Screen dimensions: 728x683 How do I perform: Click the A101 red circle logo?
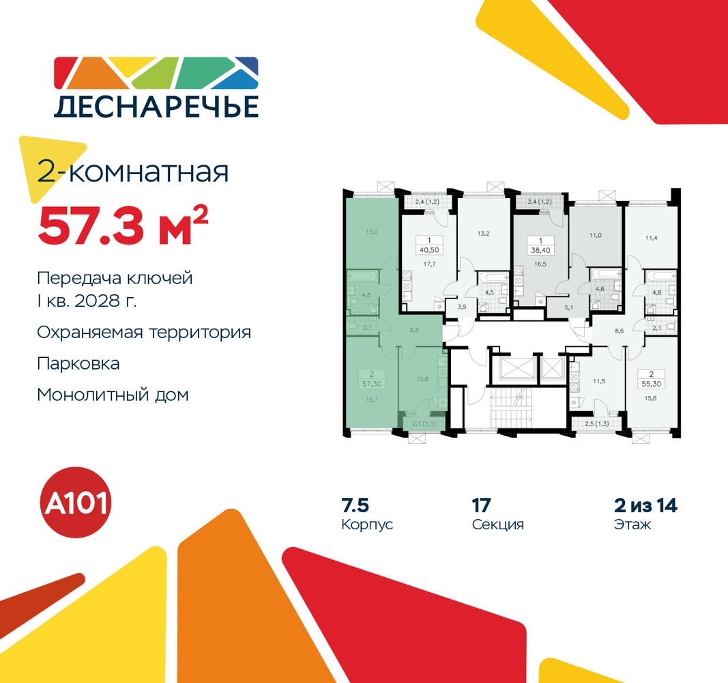76,502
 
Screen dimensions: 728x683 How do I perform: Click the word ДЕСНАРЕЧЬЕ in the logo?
156,107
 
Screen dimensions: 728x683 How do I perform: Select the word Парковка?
78,364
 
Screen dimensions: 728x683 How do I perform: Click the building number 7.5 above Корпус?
355,505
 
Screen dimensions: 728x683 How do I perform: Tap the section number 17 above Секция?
482,505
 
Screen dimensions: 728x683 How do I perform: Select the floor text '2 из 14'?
645,505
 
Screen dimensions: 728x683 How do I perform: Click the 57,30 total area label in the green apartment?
371,385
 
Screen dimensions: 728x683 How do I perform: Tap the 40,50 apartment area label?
429,250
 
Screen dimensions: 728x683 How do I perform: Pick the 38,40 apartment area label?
540,250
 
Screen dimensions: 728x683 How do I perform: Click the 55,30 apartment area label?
651,385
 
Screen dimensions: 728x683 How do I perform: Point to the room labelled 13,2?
483,234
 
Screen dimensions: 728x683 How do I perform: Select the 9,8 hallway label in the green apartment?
414,330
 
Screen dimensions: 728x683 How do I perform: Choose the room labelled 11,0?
595,236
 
